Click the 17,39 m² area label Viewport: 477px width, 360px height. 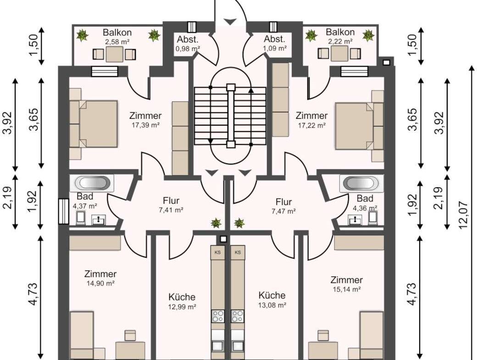coord(146,125)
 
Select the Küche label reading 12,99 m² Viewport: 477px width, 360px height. coord(182,302)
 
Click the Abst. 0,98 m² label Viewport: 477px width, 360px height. coord(188,44)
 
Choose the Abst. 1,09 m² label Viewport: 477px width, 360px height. coord(275,43)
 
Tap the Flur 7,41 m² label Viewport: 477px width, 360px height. coord(171,205)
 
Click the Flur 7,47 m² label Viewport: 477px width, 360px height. coord(284,206)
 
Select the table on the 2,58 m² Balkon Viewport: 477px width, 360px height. coord(114,55)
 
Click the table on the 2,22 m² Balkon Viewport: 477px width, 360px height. coord(339,54)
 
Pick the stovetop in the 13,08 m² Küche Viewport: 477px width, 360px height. coord(237,316)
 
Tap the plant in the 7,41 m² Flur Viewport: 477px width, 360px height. coord(216,223)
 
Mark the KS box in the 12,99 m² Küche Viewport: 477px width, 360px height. coord(218,253)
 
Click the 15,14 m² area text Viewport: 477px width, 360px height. coord(346,289)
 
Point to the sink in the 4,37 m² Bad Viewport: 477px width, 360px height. coord(99,220)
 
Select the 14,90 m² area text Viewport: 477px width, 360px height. coord(100,284)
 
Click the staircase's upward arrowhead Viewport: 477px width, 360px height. coord(251,90)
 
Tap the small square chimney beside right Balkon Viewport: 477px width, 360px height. coord(386,63)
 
